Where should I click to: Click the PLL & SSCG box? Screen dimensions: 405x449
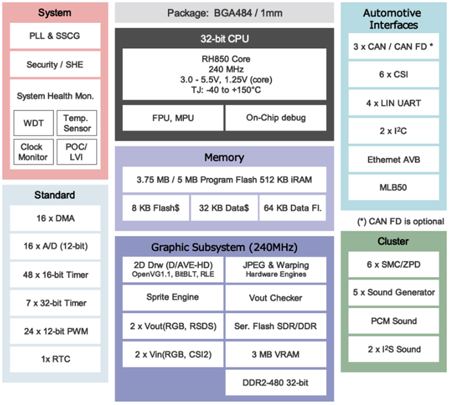pyautogui.click(x=55, y=36)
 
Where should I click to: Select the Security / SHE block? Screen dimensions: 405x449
pyautogui.click(x=55, y=64)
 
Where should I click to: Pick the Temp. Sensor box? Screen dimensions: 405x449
pyautogui.click(x=77, y=122)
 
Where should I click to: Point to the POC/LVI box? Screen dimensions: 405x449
pyautogui.click(x=77, y=152)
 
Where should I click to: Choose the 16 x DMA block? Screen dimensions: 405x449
pyautogui.click(x=55, y=219)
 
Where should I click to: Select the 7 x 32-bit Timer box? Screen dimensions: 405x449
pyautogui.click(x=55, y=303)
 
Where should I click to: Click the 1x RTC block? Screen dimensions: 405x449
pyautogui.click(x=55, y=359)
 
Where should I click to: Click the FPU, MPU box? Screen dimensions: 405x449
pyautogui.click(x=170, y=118)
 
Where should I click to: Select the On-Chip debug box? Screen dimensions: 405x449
pyautogui.click(x=276, y=118)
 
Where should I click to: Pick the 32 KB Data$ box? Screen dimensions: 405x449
pyautogui.click(x=224, y=207)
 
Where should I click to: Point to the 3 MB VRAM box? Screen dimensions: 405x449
pyautogui.click(x=276, y=354)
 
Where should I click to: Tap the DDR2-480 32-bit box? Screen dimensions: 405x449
pyautogui.click(x=276, y=382)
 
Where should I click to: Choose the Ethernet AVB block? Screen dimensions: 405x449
pyautogui.click(x=393, y=159)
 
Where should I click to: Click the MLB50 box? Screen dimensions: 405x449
pyautogui.click(x=393, y=188)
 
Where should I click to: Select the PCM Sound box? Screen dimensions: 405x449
pyautogui.click(x=393, y=321)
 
